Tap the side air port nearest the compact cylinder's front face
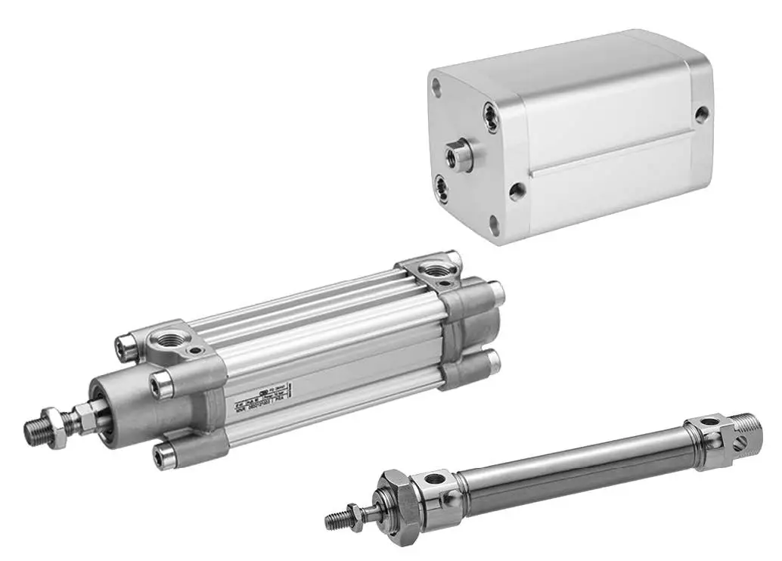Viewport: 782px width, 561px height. pos(517,191)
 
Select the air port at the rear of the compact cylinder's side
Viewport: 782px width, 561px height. pos(703,115)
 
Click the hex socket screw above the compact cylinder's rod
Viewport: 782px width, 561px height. pos(492,117)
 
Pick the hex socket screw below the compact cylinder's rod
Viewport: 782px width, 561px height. pos(441,186)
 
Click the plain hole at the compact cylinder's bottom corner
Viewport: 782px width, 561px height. pos(495,224)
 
